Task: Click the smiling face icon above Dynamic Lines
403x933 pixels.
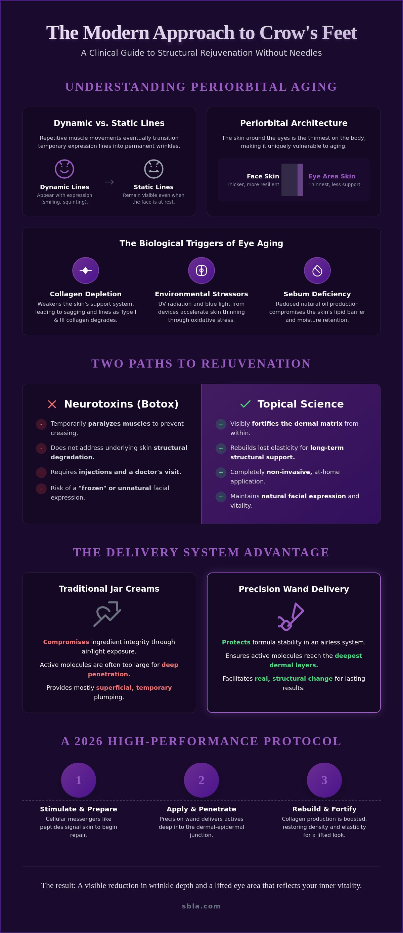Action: click(x=64, y=169)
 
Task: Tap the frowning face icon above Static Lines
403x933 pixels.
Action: click(x=153, y=169)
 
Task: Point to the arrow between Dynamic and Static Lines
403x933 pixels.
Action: click(x=109, y=182)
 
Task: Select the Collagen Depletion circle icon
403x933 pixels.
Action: click(x=85, y=270)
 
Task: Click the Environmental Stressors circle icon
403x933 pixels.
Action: click(x=201, y=270)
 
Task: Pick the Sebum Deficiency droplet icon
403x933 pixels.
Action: click(x=317, y=270)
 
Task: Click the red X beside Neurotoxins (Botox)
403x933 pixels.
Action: click(x=52, y=404)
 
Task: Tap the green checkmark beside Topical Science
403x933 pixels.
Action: click(x=245, y=404)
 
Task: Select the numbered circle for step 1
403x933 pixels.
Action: click(x=79, y=780)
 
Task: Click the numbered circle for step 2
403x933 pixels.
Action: click(x=201, y=780)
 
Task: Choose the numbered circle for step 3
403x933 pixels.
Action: click(x=324, y=780)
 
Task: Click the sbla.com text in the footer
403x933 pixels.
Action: click(x=201, y=906)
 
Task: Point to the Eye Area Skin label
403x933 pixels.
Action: click(x=332, y=176)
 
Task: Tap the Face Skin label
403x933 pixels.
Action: click(x=263, y=176)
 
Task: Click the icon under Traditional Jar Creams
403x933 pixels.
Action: click(x=107, y=613)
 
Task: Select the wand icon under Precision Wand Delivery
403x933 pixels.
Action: click(x=291, y=617)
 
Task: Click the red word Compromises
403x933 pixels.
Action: click(x=66, y=642)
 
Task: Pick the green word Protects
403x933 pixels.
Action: click(x=236, y=642)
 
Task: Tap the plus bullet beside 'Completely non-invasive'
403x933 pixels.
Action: click(x=221, y=472)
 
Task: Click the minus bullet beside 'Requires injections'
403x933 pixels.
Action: click(x=41, y=472)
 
